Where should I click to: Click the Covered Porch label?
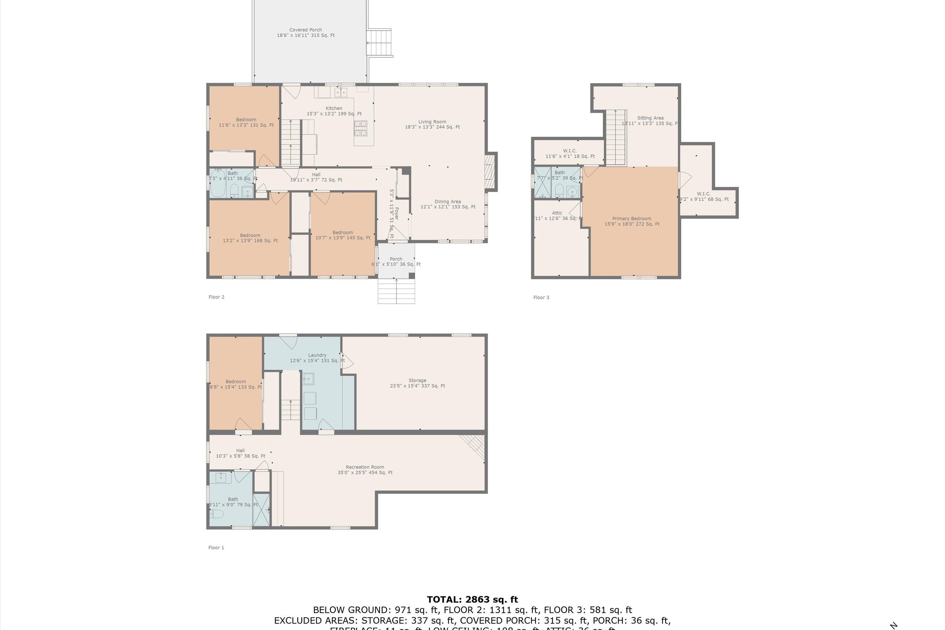305,32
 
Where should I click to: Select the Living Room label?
432,124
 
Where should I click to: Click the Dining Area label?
448,204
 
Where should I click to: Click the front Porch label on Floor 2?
396,261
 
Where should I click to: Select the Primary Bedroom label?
632,221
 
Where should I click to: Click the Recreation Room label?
365,470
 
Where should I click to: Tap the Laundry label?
317,358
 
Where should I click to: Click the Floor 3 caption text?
541,297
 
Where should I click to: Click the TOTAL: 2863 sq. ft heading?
472,600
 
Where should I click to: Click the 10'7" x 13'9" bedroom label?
343,235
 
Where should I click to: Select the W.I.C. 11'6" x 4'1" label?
570,153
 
